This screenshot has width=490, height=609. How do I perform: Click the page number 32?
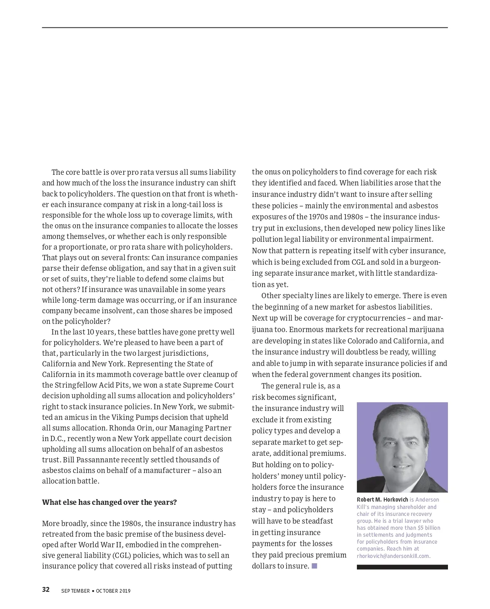[x=46, y=589]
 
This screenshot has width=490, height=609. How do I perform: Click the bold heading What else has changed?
[x=109, y=502]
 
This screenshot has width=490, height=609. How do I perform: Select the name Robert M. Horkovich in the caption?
[x=382, y=500]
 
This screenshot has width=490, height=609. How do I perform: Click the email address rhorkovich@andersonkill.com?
[x=393, y=556]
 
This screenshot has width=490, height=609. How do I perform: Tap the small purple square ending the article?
[x=314, y=566]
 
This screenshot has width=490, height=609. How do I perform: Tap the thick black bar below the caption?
[x=402, y=567]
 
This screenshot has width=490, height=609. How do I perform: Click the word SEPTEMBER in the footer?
[x=75, y=591]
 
